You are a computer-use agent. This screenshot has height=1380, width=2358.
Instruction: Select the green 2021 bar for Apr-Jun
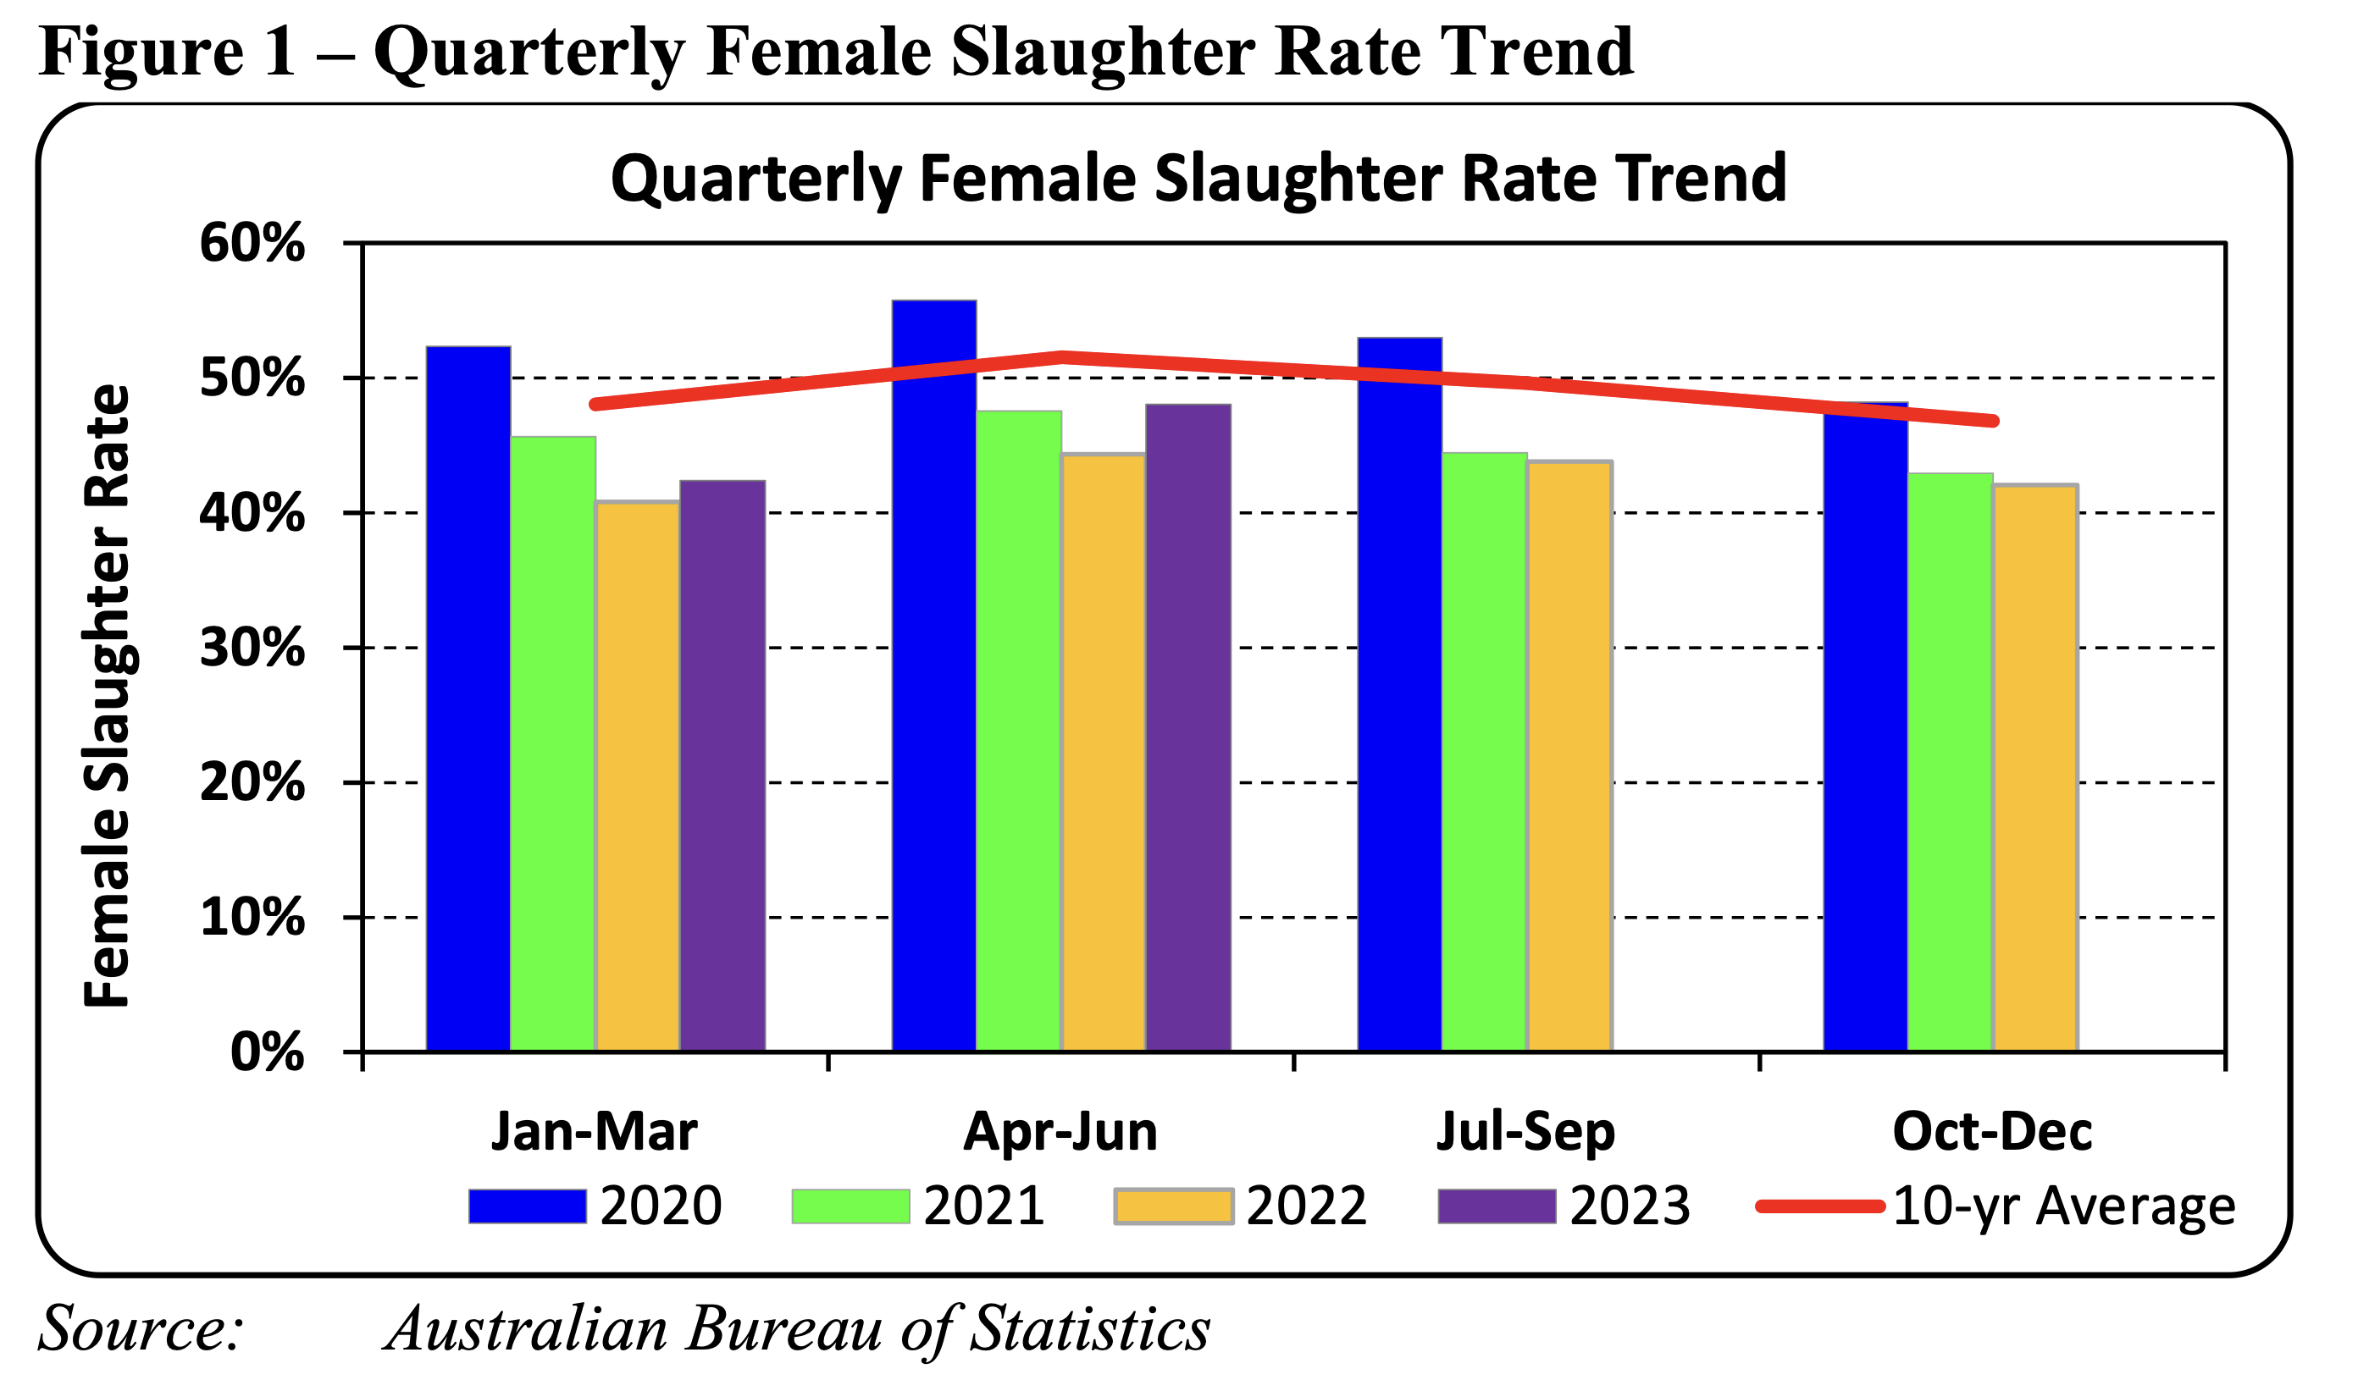[x=1018, y=730]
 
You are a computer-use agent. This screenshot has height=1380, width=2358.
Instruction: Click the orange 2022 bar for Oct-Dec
[x=2035, y=767]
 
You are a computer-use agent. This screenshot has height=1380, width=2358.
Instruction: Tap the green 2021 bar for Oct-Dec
[x=1950, y=762]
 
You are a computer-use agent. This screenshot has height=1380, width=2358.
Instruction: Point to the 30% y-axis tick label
[x=252, y=648]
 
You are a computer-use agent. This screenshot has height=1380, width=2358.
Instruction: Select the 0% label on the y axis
[x=267, y=1052]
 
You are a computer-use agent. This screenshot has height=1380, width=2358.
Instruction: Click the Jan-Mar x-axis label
[x=595, y=1132]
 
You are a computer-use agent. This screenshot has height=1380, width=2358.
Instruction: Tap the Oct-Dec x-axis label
[x=1992, y=1132]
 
